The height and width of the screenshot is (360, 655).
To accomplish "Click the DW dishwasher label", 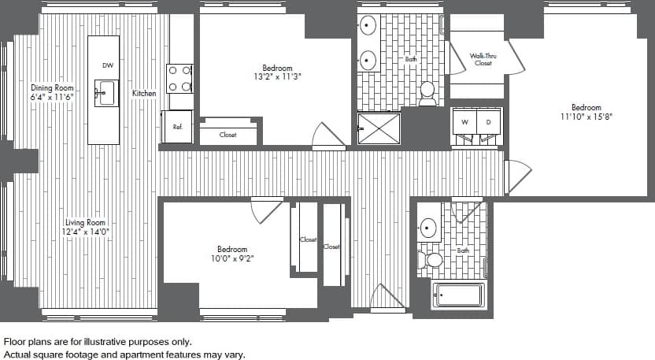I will point(107,65).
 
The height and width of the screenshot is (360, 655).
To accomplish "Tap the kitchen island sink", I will point(105,92).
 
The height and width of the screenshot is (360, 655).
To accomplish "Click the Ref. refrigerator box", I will point(178,127).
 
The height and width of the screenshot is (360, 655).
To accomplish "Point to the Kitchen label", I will point(144,94).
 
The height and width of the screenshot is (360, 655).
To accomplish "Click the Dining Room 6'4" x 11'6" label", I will point(53,92).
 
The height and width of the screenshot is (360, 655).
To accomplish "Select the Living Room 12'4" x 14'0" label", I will point(85,228).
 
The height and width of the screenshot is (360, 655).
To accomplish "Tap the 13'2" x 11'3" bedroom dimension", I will point(277,77).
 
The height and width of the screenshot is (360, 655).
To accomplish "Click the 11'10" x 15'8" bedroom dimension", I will point(587,117).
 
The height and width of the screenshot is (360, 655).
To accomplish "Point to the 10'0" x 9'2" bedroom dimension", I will point(232,258).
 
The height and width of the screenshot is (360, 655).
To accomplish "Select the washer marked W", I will point(464,123).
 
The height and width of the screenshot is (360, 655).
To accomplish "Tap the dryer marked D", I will point(488,123).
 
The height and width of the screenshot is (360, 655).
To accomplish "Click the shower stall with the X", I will point(379,128).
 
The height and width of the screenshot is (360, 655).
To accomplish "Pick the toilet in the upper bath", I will point(427,93).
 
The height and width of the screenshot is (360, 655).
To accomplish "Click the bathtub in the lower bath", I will point(458,295).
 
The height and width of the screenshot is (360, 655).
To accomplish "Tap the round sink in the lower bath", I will point(428,228).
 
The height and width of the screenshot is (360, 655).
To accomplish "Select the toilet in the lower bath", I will point(431,259).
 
